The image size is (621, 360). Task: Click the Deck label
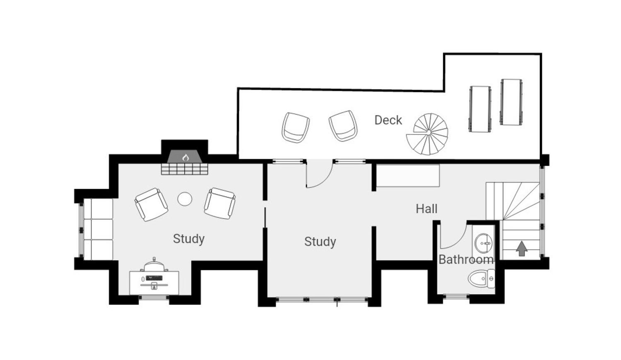[x=388, y=120]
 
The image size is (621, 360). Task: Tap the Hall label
[x=426, y=209]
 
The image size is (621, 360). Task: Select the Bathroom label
[x=466, y=260]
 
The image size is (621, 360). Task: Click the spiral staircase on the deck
[x=427, y=134]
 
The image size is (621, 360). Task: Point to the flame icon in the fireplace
[x=185, y=158]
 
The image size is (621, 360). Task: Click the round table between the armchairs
[x=185, y=199]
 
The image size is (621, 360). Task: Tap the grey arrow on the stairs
[x=522, y=249]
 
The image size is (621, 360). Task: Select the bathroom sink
[x=484, y=243]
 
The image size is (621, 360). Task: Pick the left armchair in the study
[x=152, y=204]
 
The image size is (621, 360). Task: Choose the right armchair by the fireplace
[x=219, y=204]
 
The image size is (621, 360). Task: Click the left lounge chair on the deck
[x=480, y=109]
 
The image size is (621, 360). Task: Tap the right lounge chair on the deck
[x=511, y=102]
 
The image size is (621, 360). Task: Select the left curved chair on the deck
[x=296, y=127]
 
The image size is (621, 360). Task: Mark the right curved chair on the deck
[x=343, y=126]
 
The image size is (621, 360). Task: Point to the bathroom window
[x=456, y=297]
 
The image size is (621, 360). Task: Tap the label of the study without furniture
[x=320, y=242]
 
